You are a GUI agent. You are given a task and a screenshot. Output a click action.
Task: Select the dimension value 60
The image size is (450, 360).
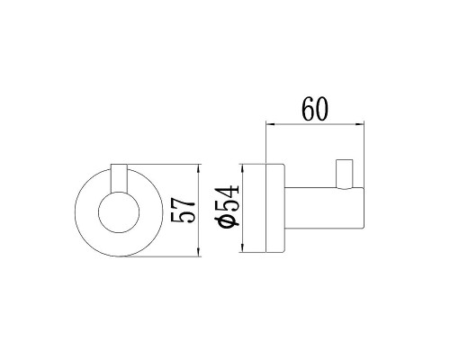pos(315,108)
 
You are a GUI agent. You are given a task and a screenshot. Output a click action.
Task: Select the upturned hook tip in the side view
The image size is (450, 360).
pos(343,170)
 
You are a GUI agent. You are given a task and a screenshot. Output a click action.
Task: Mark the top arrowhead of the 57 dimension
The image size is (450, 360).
pos(197,168)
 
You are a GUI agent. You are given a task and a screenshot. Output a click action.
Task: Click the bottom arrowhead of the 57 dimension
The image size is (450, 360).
pos(197,256)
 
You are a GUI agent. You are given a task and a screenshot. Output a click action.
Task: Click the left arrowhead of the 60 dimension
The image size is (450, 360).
pos(267,125)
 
